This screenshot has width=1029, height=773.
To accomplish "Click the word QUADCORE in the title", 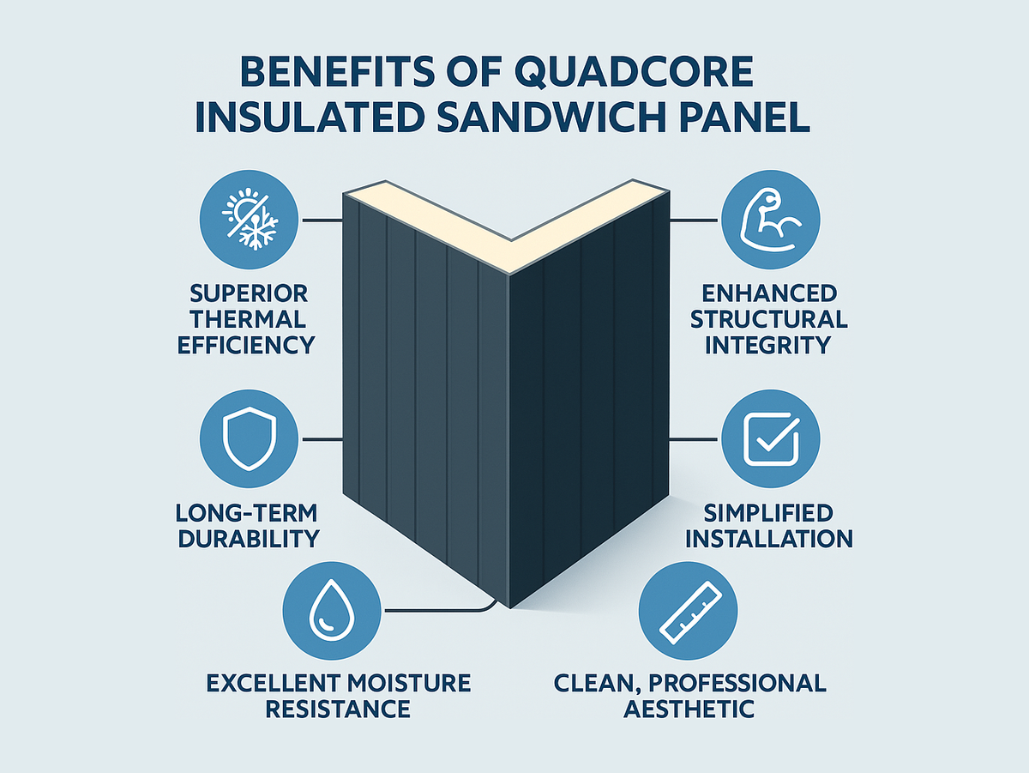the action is click(634, 72).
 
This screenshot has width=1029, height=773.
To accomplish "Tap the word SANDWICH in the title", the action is click(551, 117).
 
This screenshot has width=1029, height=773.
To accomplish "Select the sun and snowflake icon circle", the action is click(249, 220).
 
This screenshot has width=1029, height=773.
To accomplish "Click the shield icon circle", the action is click(249, 439).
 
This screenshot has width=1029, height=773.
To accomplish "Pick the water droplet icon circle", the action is click(332, 611).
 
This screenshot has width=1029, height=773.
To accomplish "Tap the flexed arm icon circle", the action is click(771, 220).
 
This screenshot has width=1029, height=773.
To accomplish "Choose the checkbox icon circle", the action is click(771, 439).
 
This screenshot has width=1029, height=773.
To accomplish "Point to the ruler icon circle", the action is click(689, 611).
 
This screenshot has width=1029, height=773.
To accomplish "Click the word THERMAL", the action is click(248, 319).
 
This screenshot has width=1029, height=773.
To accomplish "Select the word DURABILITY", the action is click(249, 539).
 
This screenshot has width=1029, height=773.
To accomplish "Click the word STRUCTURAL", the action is click(769, 319).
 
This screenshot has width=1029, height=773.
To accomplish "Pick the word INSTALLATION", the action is click(769, 539).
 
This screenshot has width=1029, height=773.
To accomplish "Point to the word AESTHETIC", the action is click(689, 709).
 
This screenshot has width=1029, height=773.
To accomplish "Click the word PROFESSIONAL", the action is click(737, 683).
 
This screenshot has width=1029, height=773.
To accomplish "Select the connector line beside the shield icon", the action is click(322, 439).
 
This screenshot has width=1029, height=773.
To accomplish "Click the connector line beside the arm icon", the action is click(694, 220).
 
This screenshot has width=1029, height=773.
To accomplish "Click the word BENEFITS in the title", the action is click(338, 72).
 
